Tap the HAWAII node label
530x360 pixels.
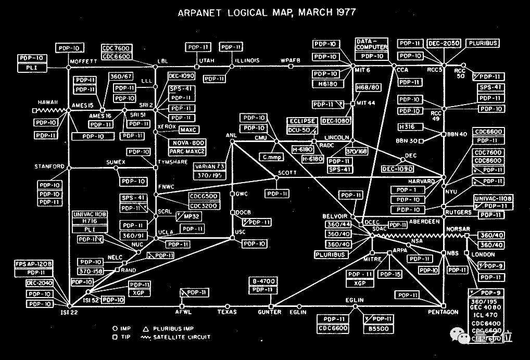click(48, 102)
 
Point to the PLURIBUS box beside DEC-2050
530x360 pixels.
click(482, 44)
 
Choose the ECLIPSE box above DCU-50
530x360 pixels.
click(302, 121)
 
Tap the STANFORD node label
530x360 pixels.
click(49, 167)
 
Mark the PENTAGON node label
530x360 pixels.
click(443, 312)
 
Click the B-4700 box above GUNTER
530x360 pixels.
click(264, 281)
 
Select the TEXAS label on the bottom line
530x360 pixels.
click(227, 312)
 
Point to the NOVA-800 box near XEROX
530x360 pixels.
click(186, 143)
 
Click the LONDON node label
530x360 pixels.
click(483, 254)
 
